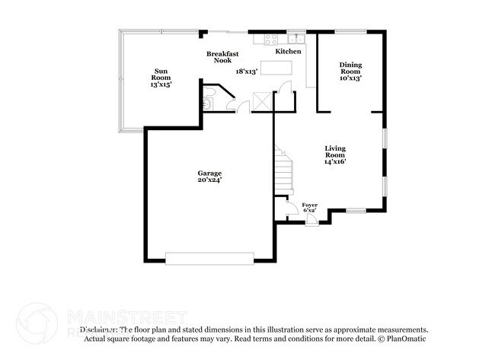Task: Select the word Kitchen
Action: click(x=288, y=51)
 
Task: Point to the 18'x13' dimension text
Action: click(x=247, y=71)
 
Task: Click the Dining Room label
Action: click(x=350, y=71)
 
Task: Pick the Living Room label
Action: click(x=335, y=155)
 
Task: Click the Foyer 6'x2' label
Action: click(x=310, y=208)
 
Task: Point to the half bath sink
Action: click(x=206, y=103)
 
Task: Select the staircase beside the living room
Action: click(x=284, y=173)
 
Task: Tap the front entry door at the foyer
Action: click(x=311, y=221)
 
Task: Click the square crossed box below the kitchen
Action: click(x=263, y=100)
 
